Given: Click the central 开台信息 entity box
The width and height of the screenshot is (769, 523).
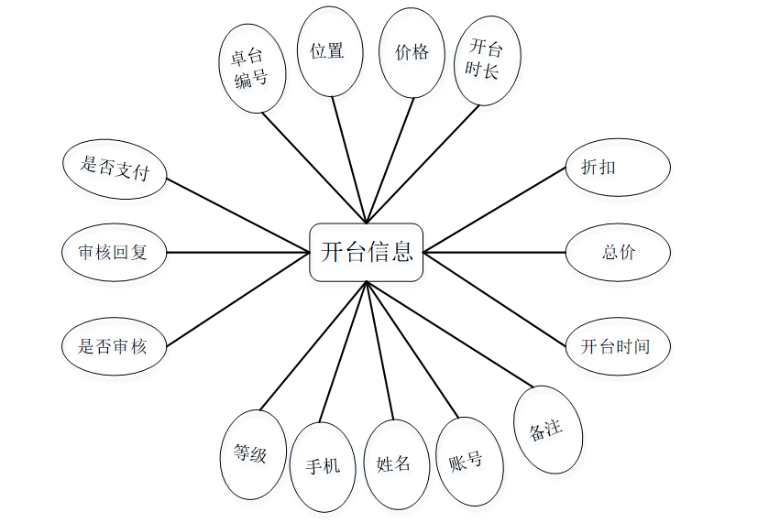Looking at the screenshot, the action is click(x=367, y=252).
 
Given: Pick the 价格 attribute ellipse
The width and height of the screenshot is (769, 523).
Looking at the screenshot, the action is click(x=412, y=53).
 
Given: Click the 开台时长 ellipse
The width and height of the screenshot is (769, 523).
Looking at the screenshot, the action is click(x=487, y=60).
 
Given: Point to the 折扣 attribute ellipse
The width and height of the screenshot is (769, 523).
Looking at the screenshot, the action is click(x=618, y=167).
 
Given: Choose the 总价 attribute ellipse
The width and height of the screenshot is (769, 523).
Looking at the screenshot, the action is click(x=618, y=252).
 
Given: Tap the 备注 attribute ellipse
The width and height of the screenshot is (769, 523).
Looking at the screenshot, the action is click(x=547, y=430).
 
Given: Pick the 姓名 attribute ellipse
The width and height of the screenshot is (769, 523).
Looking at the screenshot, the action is click(x=393, y=464).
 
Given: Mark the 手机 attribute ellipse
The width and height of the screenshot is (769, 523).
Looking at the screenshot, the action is click(x=321, y=465).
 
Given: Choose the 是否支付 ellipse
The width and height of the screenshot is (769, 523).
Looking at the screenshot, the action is click(x=115, y=169).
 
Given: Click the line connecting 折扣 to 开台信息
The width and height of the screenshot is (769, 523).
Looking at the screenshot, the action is click(x=495, y=209).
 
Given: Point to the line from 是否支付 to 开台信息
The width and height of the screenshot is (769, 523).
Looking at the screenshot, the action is click(x=238, y=213).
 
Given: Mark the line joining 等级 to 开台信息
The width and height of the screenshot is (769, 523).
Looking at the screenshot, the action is click(x=313, y=345).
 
